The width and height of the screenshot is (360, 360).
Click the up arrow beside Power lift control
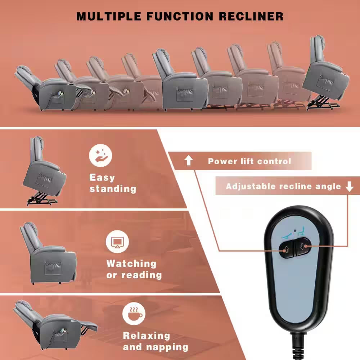(x=189, y=161)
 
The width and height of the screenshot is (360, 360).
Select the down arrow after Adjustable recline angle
(x=349, y=186)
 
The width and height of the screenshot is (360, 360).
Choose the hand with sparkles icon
(x=101, y=156)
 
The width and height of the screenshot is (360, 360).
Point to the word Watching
(x=131, y=264)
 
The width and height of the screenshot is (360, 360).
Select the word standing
(x=113, y=189)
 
